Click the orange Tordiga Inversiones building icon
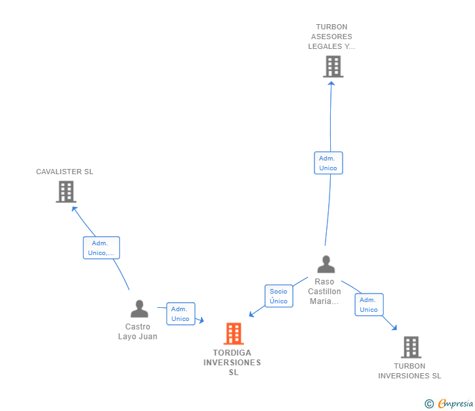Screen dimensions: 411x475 [x=233, y=333]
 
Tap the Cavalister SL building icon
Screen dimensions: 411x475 [x=66, y=192]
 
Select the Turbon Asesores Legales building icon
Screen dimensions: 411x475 [x=333, y=67]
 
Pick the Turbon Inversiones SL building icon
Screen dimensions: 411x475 [x=410, y=347]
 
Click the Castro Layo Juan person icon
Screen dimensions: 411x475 [x=139, y=309]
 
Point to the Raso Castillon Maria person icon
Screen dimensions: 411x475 [x=326, y=264]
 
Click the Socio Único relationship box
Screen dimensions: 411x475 [x=279, y=296]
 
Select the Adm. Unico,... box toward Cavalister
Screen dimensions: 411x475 [x=101, y=248]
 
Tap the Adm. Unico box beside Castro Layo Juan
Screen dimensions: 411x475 [x=180, y=314]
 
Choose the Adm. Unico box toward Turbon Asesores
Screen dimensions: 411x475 [x=328, y=163]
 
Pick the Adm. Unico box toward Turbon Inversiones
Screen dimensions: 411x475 [x=369, y=305]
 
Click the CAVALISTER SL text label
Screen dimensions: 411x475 [x=65, y=172]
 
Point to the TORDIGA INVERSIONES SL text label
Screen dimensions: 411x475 [x=232, y=363]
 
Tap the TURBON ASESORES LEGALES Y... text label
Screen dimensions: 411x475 [x=331, y=37]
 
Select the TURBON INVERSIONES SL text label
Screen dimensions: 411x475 [x=410, y=371]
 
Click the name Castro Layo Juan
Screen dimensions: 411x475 [x=138, y=331]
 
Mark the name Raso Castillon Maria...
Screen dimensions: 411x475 [x=324, y=292]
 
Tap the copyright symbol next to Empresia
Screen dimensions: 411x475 [x=429, y=404]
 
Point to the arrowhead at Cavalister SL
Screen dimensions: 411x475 [x=74, y=209]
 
